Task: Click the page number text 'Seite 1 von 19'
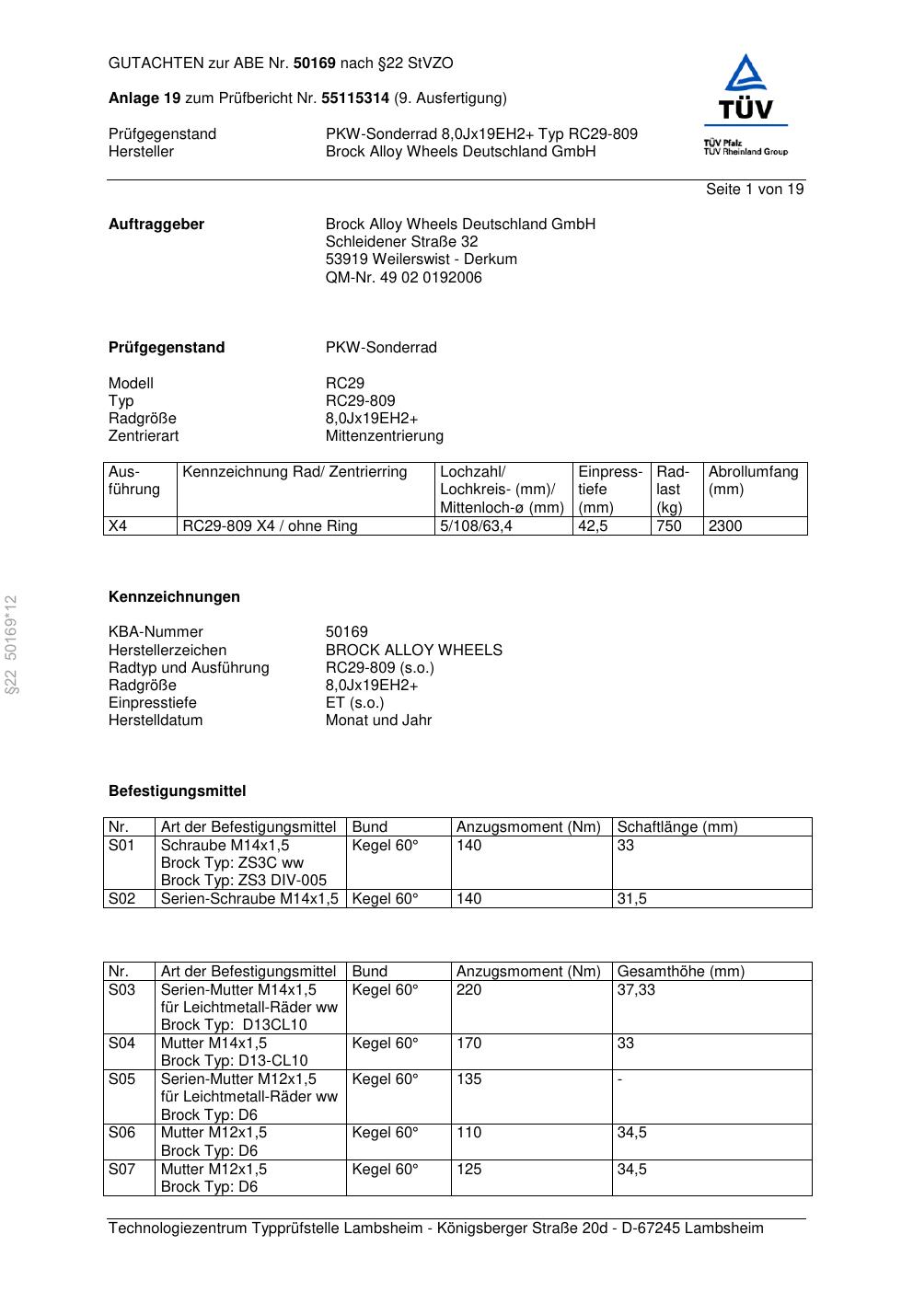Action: coord(754,190)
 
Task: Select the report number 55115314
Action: coord(355,98)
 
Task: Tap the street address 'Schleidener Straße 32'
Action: coord(401,242)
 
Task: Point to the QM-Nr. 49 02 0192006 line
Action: coord(403,277)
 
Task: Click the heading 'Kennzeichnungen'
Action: coord(174,597)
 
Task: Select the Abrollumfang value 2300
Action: coord(724,526)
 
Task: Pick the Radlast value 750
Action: coord(669,526)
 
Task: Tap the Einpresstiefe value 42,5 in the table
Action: coord(593,526)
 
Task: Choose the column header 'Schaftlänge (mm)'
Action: coord(676,827)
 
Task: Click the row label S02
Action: coord(121,899)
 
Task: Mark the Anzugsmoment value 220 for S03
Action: coord(468,990)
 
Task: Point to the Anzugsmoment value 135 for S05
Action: coord(468,1079)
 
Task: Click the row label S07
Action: coord(121,1170)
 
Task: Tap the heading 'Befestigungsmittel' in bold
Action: coord(177,791)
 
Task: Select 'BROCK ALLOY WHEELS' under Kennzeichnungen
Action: coord(413,651)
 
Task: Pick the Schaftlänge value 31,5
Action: coord(631,899)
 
